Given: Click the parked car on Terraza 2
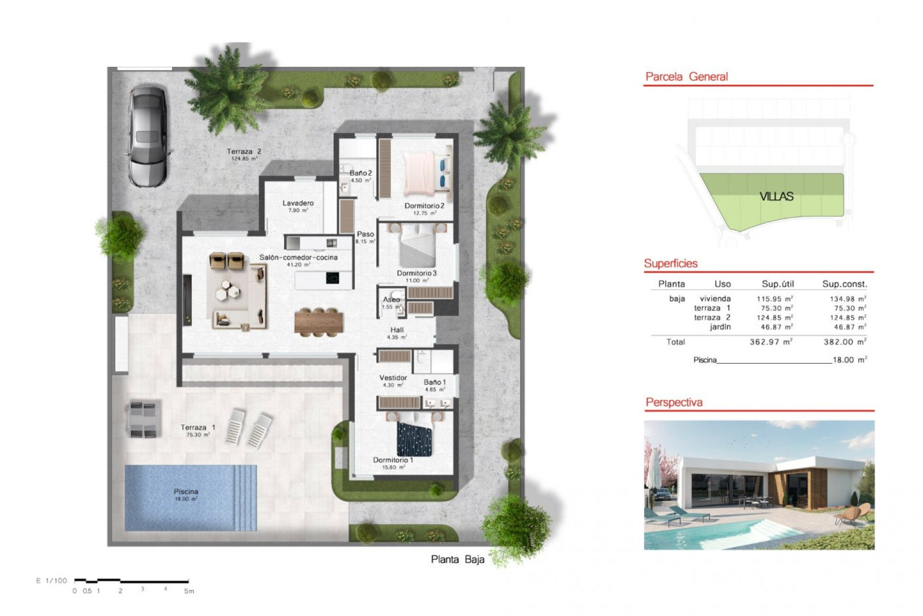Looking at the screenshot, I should click(x=148, y=136).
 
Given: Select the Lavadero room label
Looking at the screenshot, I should click(x=298, y=204).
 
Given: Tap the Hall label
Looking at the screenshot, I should click(x=397, y=330).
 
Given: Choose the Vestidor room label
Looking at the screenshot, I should click(x=393, y=378).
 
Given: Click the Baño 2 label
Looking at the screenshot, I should click(x=361, y=173).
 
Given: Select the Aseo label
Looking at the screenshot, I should click(x=392, y=300).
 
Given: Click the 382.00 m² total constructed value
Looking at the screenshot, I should click(x=845, y=342).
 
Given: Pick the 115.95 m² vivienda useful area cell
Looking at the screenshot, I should click(x=774, y=299).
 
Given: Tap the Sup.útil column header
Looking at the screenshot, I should click(x=778, y=284).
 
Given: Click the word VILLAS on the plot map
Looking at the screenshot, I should click(x=776, y=196).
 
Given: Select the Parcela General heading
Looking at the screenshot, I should click(x=686, y=77).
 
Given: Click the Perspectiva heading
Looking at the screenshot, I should click(x=674, y=402).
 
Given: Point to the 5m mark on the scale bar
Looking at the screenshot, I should click(x=189, y=591).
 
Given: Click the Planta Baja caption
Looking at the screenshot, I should click(x=457, y=560).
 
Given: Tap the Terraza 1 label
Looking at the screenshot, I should click(x=198, y=427).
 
